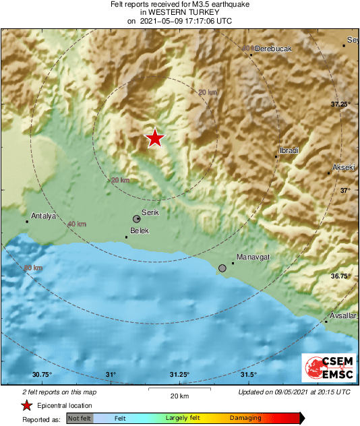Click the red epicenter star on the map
(x=155, y=138)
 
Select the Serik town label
(x=150, y=212)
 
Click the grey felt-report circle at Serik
(x=137, y=219)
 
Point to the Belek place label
(x=139, y=231)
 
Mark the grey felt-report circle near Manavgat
(x=222, y=268)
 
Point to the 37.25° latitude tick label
(x=340, y=104)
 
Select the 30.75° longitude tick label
(x=42, y=375)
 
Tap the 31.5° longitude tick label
(x=247, y=375)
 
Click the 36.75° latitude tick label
(x=340, y=276)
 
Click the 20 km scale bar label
(x=179, y=395)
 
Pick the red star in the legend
(x=26, y=405)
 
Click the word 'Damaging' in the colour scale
(x=245, y=419)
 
